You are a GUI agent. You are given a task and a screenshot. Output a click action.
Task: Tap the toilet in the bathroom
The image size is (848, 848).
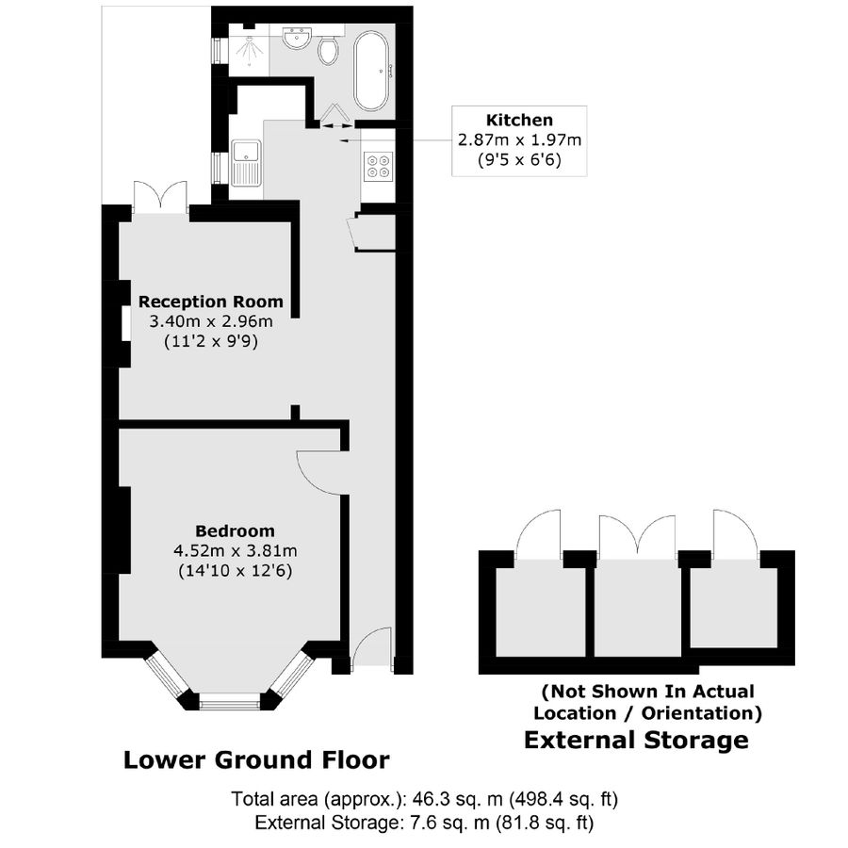coord(329,49)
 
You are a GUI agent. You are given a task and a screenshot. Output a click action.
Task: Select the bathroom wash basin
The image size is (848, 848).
coord(297,41)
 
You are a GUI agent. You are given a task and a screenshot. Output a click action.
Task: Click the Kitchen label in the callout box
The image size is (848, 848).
coord(519,120)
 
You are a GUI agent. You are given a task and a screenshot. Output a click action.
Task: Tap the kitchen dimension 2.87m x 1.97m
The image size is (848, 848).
coord(519,139)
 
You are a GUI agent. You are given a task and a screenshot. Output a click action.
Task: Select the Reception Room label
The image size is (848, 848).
coord(210,302)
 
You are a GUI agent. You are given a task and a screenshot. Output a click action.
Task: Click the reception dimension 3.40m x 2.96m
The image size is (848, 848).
coord(210,321)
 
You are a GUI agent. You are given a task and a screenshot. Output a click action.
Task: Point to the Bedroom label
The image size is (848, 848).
coord(236,530)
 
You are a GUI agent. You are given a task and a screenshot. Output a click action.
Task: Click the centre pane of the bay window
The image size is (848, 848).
coord(229,700)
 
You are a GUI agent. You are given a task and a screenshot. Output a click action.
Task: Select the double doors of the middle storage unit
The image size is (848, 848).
coord(638,537)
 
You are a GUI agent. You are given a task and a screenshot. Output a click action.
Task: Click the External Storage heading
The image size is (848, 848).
coord(636,740)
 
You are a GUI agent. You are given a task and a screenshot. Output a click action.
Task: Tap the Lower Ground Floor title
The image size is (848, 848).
coord(256,759)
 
